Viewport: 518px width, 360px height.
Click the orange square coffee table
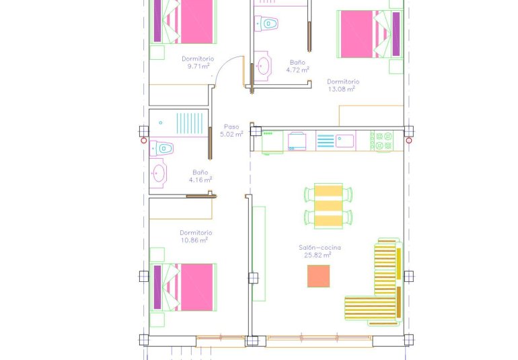coord(318,276)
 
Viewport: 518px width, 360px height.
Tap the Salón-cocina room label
coord(320,248)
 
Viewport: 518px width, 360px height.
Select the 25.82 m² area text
coord(318,255)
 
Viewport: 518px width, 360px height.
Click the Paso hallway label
coord(231,127)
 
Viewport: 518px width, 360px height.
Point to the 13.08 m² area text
coord(343,89)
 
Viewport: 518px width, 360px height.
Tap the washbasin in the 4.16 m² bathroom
coord(159,173)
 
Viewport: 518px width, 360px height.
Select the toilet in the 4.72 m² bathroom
coord(268,24)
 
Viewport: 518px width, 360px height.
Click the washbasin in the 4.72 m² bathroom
coord(262,66)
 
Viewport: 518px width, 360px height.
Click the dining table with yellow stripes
coord(329,205)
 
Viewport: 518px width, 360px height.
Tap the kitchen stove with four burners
coord(384,141)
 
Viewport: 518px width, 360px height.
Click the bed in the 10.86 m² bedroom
coord(185,287)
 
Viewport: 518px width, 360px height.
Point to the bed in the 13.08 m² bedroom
coord(369,34)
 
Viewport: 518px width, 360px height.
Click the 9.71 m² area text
coord(198,67)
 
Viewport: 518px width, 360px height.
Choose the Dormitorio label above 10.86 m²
coord(196,233)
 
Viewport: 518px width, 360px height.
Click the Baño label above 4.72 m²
coord(297,62)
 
